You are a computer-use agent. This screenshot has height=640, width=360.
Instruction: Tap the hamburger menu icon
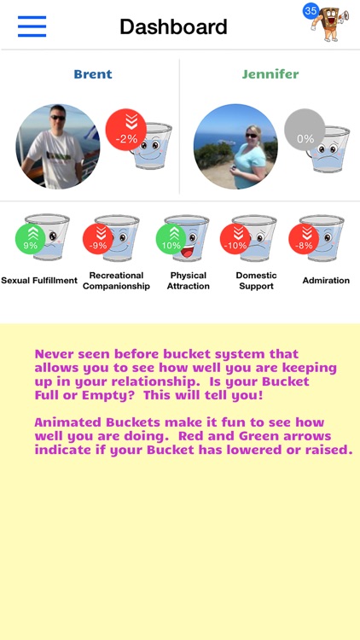[x=32, y=26]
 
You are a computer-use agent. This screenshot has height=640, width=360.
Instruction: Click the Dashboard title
[x=173, y=26]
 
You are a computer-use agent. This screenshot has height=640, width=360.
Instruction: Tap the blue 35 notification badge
[x=311, y=11]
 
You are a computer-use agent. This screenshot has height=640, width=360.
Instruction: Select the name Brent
[x=93, y=74]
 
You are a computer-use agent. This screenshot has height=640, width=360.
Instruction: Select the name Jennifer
[x=270, y=74]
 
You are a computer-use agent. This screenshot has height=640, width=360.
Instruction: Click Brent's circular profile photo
[x=58, y=147]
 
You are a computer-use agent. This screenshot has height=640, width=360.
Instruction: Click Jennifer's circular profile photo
[x=235, y=147]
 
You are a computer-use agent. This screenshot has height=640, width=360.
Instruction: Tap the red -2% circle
[x=126, y=131]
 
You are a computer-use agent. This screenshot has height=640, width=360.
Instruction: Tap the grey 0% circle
[x=305, y=131]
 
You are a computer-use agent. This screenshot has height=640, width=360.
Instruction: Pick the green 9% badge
[x=31, y=239]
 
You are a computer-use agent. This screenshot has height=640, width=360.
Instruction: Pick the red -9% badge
[x=99, y=239]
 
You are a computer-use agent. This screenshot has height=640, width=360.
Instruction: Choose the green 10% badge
[x=171, y=239]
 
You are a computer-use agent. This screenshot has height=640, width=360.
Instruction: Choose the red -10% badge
[x=235, y=239]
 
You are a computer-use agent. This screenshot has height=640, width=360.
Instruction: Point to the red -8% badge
[x=304, y=239]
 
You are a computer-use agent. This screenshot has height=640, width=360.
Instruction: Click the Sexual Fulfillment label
[x=39, y=281]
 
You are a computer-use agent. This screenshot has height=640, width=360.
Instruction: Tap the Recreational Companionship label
[x=116, y=281]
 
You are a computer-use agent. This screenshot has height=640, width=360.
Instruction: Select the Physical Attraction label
[x=189, y=281]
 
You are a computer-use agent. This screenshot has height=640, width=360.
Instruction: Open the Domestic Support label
[x=256, y=281]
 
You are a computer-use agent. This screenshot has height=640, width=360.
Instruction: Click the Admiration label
[x=326, y=281]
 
